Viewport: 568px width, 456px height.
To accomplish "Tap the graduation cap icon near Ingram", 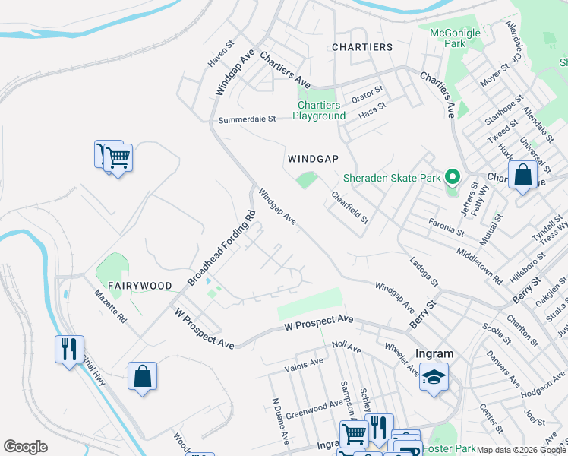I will click(x=433, y=378).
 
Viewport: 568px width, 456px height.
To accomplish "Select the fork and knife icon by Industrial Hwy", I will click(x=69, y=350).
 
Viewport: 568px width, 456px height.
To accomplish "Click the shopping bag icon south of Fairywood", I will click(x=142, y=376).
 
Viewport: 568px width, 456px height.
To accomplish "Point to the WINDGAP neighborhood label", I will click(x=312, y=160).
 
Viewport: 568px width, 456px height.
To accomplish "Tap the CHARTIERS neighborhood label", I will click(x=362, y=47).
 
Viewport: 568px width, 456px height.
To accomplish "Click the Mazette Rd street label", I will click(x=110, y=307).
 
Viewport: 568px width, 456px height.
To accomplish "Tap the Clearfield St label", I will click(x=349, y=207).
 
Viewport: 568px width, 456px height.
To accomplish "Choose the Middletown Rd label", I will click(x=480, y=264).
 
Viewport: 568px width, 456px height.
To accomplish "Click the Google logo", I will click(x=25, y=447).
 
